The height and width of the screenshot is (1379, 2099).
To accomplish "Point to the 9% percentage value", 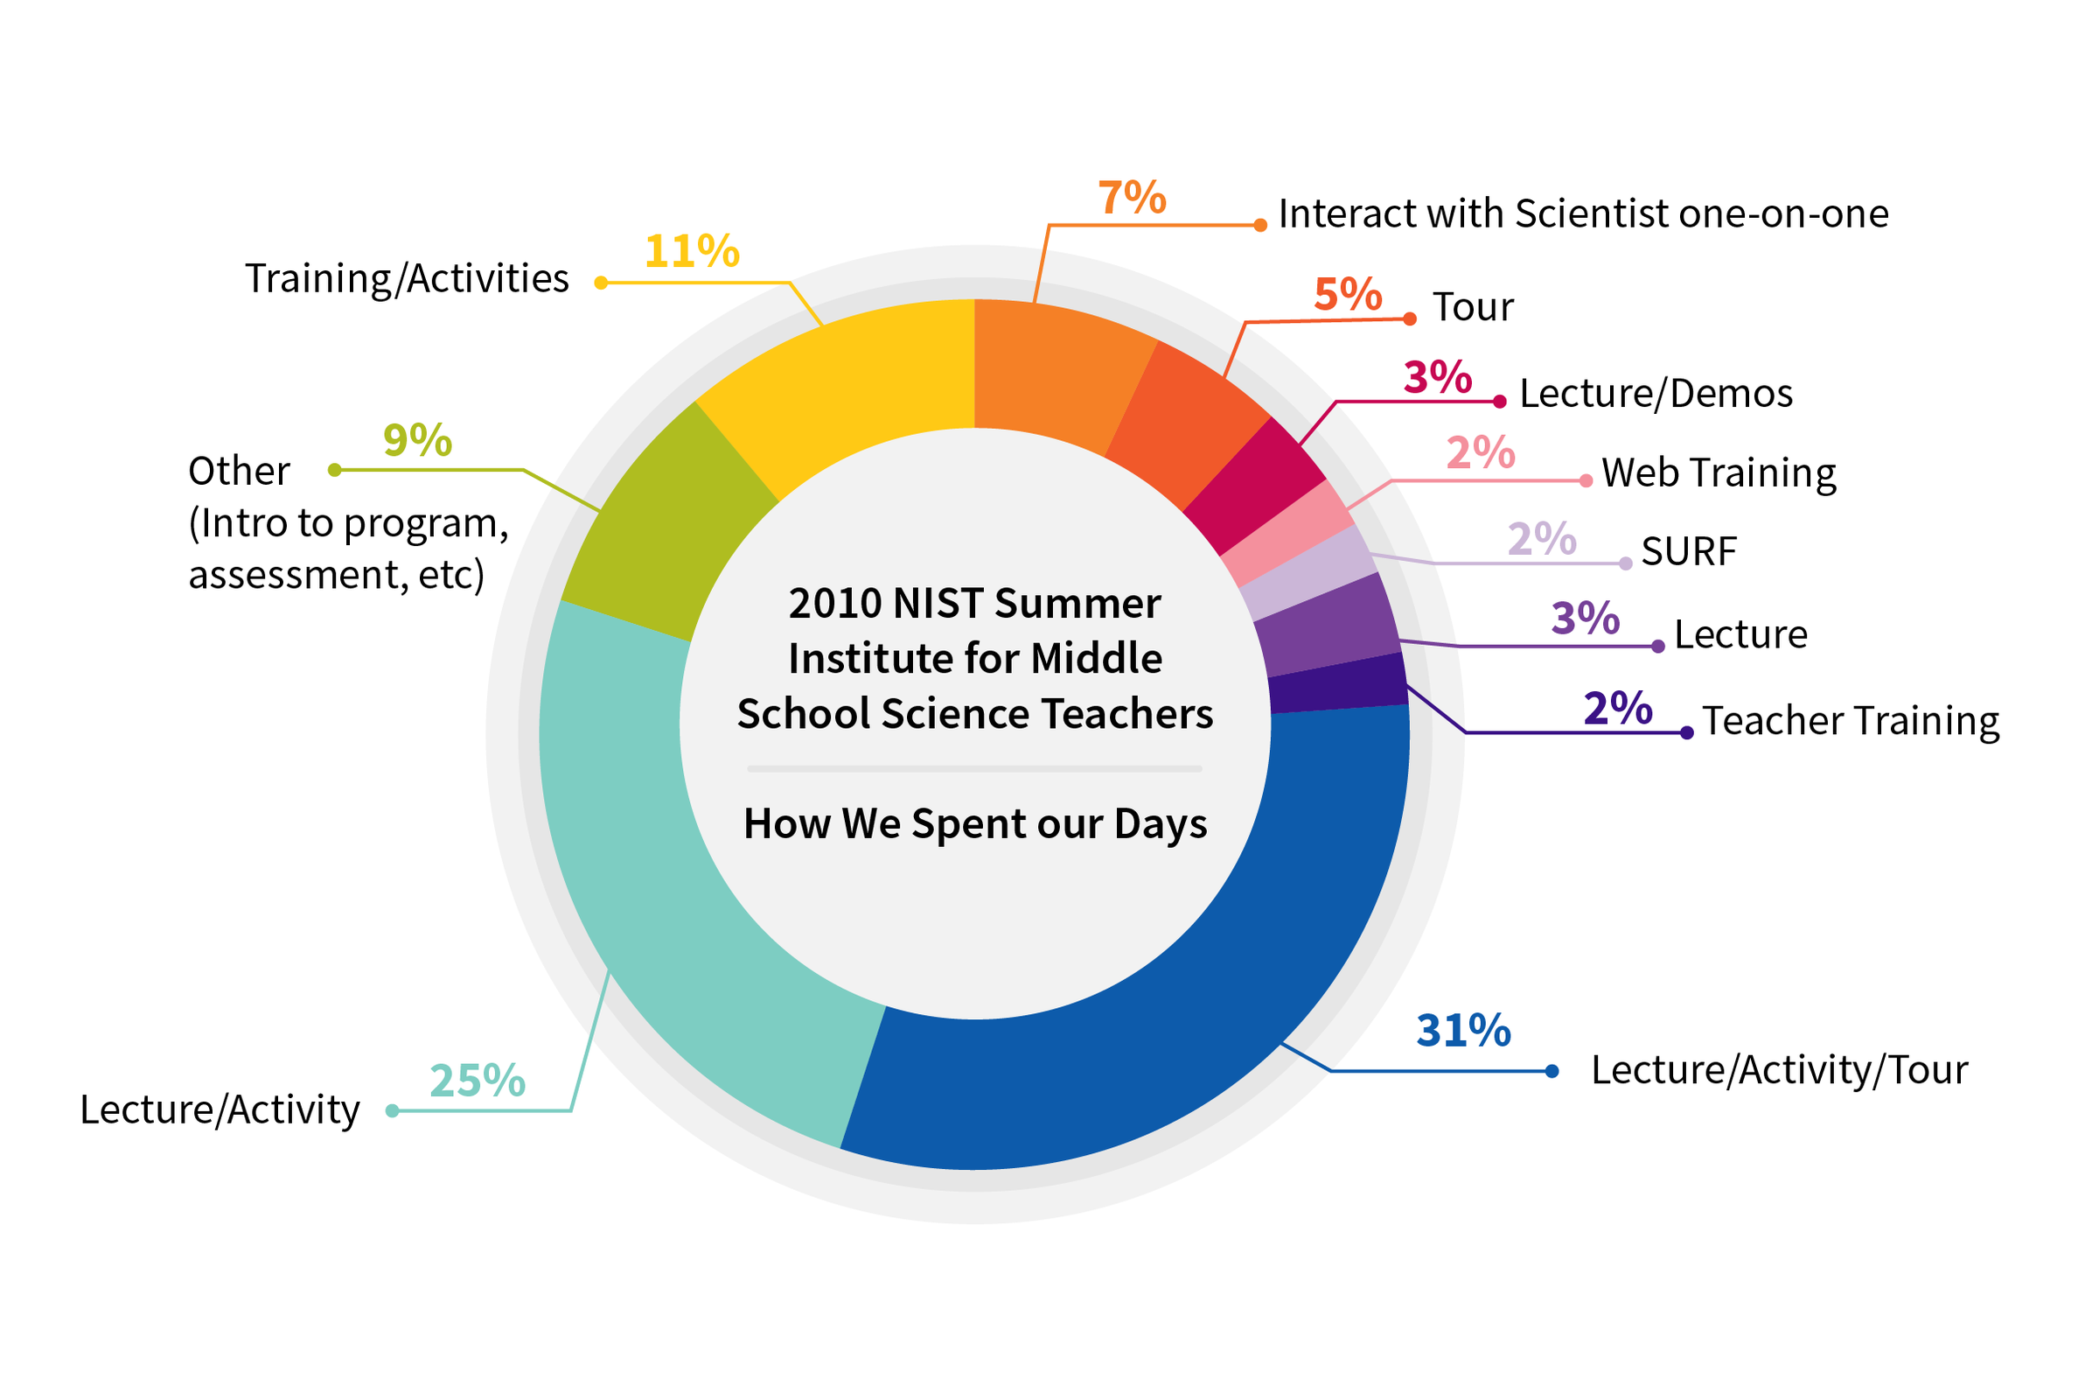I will (x=417, y=440).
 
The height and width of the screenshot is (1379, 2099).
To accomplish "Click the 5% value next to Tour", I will (x=1348, y=295).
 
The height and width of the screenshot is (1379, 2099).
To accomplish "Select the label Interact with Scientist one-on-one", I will (x=1583, y=214).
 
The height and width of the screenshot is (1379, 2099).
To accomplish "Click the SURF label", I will (x=1688, y=552).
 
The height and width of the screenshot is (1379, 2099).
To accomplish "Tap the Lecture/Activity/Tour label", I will (x=1779, y=1070).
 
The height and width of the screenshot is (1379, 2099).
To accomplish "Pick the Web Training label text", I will (x=1718, y=472).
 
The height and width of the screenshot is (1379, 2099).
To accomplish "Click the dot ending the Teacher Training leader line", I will (x=1686, y=732).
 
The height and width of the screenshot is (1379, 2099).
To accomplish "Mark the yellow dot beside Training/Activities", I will (x=601, y=283).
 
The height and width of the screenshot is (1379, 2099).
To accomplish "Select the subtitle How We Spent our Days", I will (x=974, y=824).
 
